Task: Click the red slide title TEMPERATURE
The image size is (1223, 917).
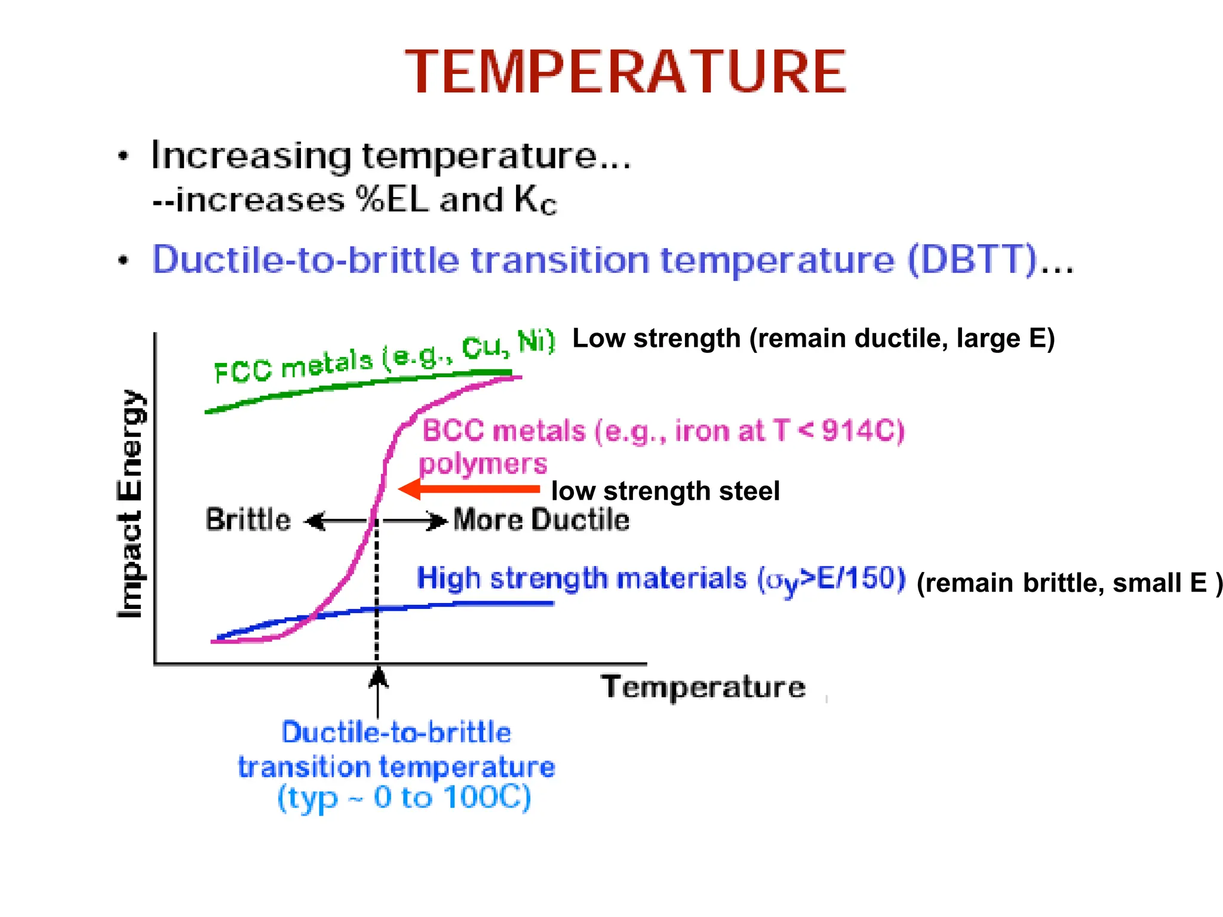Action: point(625,73)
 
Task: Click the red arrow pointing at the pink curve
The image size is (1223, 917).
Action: point(469,489)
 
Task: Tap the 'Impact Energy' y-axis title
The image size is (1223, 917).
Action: point(130,503)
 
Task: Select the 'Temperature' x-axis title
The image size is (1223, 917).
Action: point(703,687)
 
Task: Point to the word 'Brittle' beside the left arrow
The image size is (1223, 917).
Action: point(248,519)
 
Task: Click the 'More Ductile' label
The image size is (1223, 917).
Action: point(541,519)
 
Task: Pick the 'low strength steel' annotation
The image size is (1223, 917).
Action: point(665,491)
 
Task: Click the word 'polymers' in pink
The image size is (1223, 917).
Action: point(483,464)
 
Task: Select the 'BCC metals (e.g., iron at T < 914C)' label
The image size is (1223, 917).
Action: point(663,430)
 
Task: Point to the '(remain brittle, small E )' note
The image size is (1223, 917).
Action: point(1069,583)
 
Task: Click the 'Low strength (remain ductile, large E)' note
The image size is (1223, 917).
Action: point(813,339)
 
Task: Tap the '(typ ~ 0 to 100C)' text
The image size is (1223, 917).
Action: point(404,798)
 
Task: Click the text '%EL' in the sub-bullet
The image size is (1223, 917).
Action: point(392,199)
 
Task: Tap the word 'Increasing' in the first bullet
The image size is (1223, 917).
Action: point(251,156)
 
